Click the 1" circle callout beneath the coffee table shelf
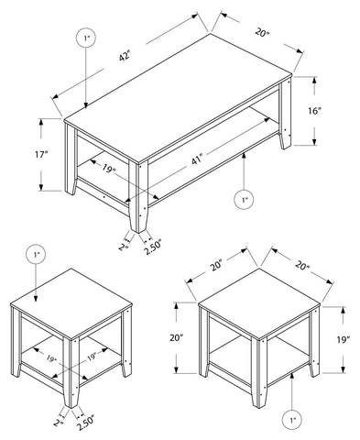click(x=244, y=198)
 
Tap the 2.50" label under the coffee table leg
click(x=153, y=246)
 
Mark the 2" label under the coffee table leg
click(x=122, y=245)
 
